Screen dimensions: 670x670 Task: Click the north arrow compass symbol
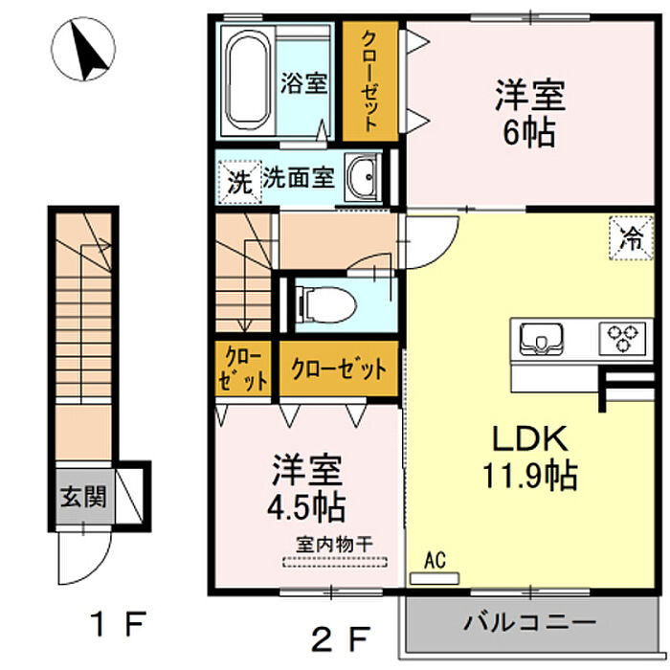point(83,49)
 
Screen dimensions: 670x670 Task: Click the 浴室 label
point(303,83)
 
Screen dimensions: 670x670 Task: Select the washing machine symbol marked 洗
point(239,182)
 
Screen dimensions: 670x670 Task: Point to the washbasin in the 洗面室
point(363,177)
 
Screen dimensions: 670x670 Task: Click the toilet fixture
point(325,305)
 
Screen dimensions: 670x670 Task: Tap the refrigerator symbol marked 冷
point(632,238)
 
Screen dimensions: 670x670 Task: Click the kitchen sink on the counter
point(541,339)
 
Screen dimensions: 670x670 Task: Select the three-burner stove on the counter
point(622,339)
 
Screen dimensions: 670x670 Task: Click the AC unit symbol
point(435,578)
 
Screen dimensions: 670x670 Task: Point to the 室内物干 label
point(335,545)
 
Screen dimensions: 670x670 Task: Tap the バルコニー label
point(530,622)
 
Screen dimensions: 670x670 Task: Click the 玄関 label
point(83,497)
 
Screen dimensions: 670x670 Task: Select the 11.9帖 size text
point(530,475)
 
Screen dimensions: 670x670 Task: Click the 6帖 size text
point(530,132)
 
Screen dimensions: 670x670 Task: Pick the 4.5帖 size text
point(306,506)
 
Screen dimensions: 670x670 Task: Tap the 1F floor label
point(120,624)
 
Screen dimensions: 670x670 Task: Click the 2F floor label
point(340,639)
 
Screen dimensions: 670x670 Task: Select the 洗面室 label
point(299,177)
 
